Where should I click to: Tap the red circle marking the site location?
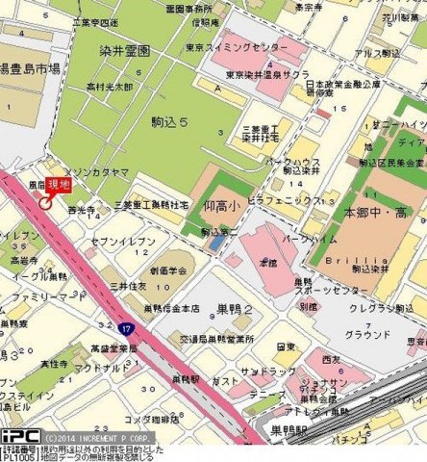(44, 202)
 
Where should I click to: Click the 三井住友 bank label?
(126, 286)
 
